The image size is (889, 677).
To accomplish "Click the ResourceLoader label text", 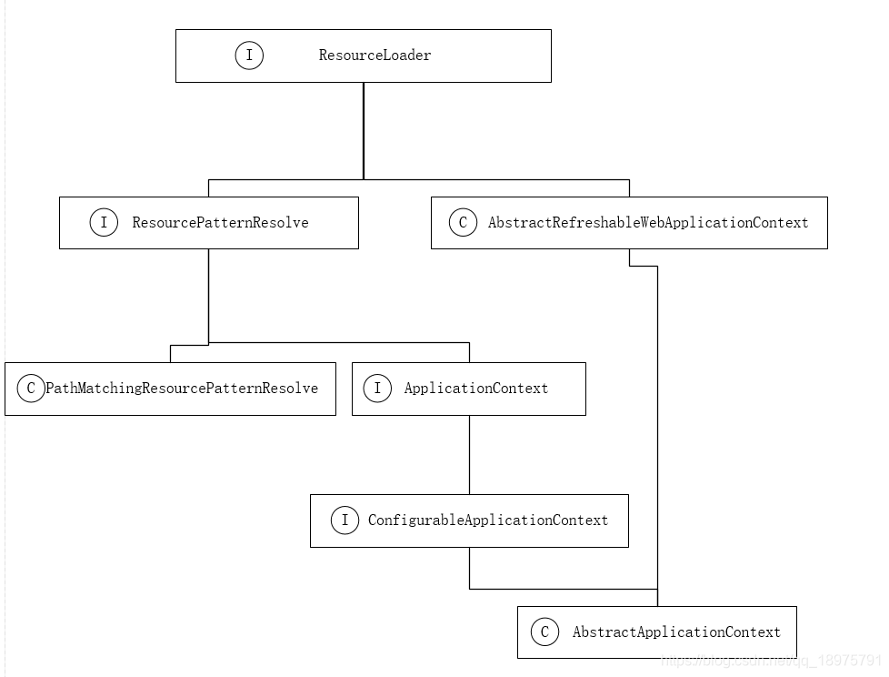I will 375,56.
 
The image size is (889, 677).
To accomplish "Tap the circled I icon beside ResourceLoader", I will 249,56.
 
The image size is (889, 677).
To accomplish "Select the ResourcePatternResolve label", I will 220,223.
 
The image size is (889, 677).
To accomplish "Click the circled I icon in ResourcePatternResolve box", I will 104,223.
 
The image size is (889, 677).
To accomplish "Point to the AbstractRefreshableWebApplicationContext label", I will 647,223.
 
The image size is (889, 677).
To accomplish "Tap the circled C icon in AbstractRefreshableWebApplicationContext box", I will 463,223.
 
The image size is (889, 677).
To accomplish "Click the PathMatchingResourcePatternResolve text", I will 182,389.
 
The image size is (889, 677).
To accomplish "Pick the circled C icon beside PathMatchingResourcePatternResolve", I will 31,389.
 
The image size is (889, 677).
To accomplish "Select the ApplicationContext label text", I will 475,389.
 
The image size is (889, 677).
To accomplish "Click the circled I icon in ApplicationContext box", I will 378,389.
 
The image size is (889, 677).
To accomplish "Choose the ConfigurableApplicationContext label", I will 487,520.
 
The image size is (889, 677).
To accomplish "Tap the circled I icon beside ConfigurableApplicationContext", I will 345,520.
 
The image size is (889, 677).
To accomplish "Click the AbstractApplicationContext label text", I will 675,632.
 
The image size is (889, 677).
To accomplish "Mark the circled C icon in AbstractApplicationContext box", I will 544,632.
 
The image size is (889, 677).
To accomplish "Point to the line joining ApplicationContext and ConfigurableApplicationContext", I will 469,455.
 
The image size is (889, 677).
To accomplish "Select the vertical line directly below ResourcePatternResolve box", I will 209,296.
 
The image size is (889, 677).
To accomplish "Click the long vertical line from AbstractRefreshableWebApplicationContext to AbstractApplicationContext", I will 657,437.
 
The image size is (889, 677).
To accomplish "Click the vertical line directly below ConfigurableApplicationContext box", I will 469,568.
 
